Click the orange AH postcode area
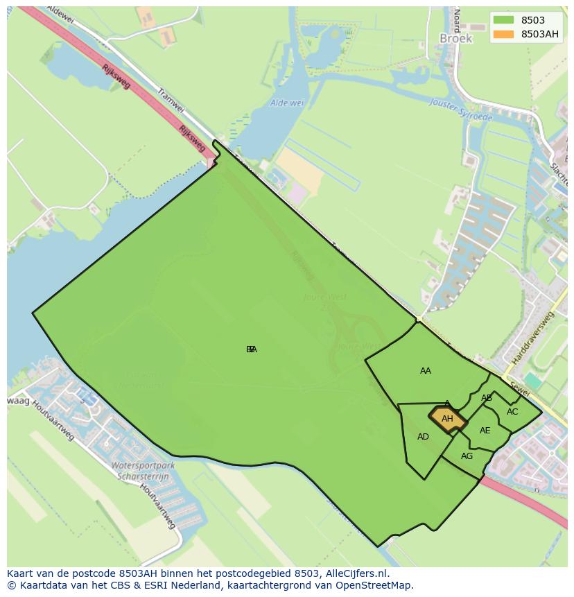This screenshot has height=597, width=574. pos(448,419)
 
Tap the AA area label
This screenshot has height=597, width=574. pos(426,371)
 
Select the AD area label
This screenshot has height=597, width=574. pos(423,437)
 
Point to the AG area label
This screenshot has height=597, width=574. pos(467,456)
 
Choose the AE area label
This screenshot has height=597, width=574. pos(485,431)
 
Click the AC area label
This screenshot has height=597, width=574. pos(512,412)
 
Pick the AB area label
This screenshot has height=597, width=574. pos(487,398)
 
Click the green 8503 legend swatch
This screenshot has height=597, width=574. pos(504,20)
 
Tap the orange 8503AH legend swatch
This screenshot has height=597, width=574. pos(504,34)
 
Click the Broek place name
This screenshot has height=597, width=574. pos(455,39)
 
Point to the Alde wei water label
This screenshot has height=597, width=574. pos(287,103)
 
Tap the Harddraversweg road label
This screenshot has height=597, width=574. pos(533,338)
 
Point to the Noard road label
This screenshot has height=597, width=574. pos(456,19)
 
